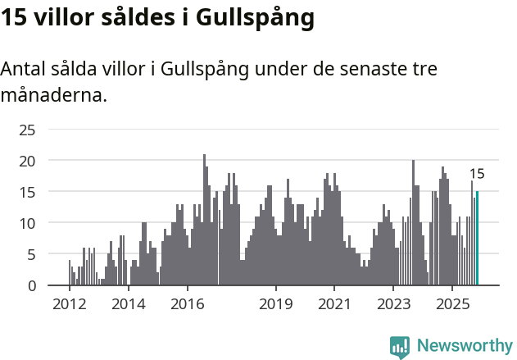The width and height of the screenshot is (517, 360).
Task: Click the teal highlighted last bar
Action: click(477, 239)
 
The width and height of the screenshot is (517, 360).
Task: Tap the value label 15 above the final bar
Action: click(477, 174)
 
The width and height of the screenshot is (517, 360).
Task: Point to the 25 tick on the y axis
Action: click(27, 130)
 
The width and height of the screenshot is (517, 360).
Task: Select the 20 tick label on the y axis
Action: click(27, 161)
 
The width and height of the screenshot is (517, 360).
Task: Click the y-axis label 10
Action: click(27, 223)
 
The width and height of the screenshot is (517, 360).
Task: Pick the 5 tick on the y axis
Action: click(31, 254)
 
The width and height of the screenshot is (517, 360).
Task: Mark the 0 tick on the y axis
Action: click(31, 285)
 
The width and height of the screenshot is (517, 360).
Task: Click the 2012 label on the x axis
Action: click(69, 305)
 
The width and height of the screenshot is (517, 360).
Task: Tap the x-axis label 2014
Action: click(129, 305)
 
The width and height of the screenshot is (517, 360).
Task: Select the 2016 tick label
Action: click(188, 305)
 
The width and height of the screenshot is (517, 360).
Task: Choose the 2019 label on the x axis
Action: click(276, 305)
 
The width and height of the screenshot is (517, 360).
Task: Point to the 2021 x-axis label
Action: click(334, 305)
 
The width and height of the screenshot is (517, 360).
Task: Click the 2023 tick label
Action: click(393, 305)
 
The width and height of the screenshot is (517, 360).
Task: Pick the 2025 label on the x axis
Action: click(452, 305)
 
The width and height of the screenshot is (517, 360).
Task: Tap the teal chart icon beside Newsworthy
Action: click(400, 346)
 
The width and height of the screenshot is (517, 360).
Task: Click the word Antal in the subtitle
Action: click(25, 68)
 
